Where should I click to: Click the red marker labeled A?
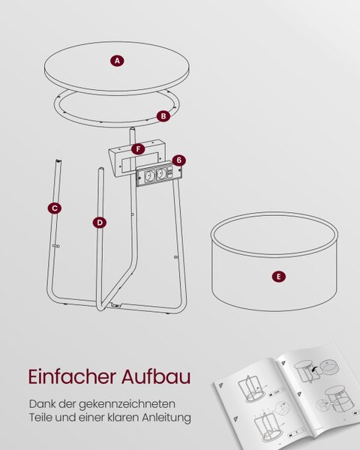click(117, 61)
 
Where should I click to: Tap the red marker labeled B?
click(163, 116)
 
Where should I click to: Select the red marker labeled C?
click(55, 208)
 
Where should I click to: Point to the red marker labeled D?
click(100, 223)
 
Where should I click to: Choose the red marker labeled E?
click(278, 277)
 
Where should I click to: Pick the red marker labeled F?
click(138, 149)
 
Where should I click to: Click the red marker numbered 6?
click(178, 160)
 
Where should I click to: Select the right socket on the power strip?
click(160, 172)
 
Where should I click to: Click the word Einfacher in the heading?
click(72, 376)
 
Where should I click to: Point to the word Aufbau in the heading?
click(156, 376)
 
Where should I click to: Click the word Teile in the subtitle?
click(40, 417)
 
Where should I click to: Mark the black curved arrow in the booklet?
click(316, 370)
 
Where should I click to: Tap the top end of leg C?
click(58, 160)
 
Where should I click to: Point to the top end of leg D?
click(101, 169)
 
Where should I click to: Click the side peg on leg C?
click(56, 246)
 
